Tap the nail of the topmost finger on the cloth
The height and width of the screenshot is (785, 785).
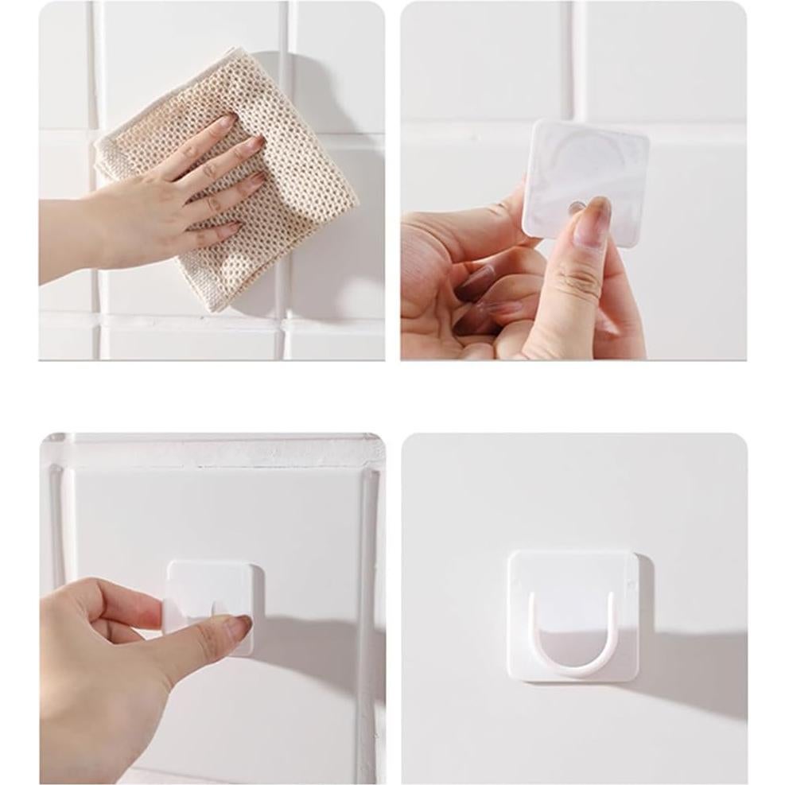225,122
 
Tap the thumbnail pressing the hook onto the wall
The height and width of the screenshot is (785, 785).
238,627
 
